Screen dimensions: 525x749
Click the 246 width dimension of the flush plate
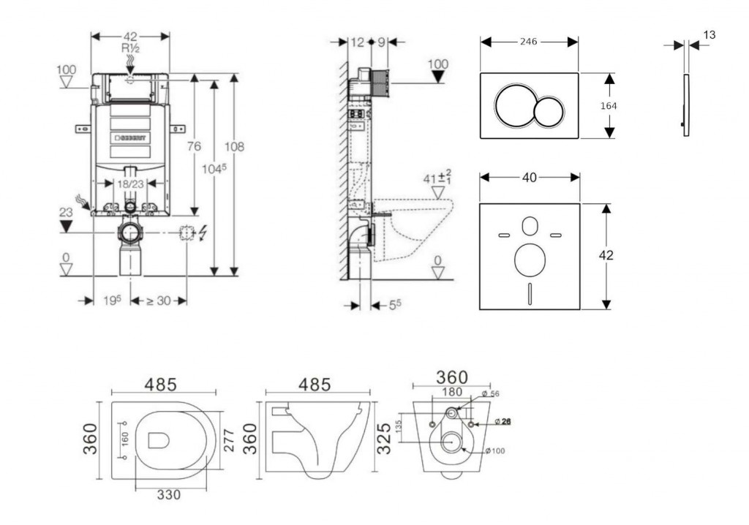pos(529,42)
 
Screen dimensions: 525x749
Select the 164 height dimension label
pos(608,106)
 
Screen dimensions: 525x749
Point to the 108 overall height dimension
pos(234,147)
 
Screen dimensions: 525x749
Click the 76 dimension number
pos(193,147)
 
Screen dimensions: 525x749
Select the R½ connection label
pos(130,48)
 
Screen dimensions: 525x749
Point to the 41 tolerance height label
pos(437,178)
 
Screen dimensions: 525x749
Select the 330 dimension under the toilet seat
pos(168,494)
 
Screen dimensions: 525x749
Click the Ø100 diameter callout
pos(494,450)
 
